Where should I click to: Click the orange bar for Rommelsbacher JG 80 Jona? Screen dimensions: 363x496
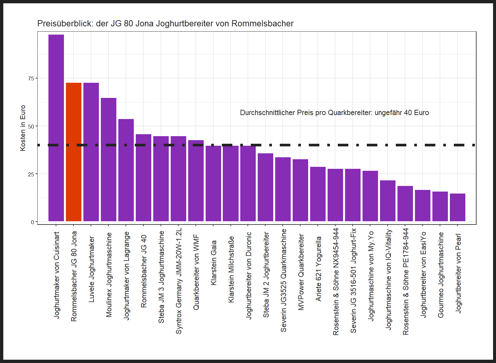click(73, 152)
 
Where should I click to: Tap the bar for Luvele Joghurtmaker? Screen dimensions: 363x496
click(91, 152)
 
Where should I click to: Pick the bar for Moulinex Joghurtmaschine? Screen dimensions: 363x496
click(108, 160)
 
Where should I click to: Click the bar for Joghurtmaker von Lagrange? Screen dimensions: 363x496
click(126, 170)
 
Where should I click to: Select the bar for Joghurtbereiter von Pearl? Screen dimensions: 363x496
click(457, 207)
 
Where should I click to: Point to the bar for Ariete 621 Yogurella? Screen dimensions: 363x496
click(318, 194)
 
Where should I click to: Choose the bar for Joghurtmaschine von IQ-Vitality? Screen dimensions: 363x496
click(388, 201)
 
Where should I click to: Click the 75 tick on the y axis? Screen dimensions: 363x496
click(31, 78)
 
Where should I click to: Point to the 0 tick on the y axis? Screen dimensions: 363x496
click(33, 222)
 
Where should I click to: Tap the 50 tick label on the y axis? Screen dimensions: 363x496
click(31, 127)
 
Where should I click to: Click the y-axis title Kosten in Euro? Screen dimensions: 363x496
click(23, 128)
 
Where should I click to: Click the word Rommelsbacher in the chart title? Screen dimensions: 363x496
click(262, 24)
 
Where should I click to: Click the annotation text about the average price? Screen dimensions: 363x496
click(334, 113)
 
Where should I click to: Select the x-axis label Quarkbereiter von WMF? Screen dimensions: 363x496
click(196, 272)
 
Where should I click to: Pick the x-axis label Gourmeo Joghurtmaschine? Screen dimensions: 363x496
click(441, 275)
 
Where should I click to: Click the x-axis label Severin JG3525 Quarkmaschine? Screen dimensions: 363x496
click(283, 280)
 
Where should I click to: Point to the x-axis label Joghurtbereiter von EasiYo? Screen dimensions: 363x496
click(423, 274)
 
